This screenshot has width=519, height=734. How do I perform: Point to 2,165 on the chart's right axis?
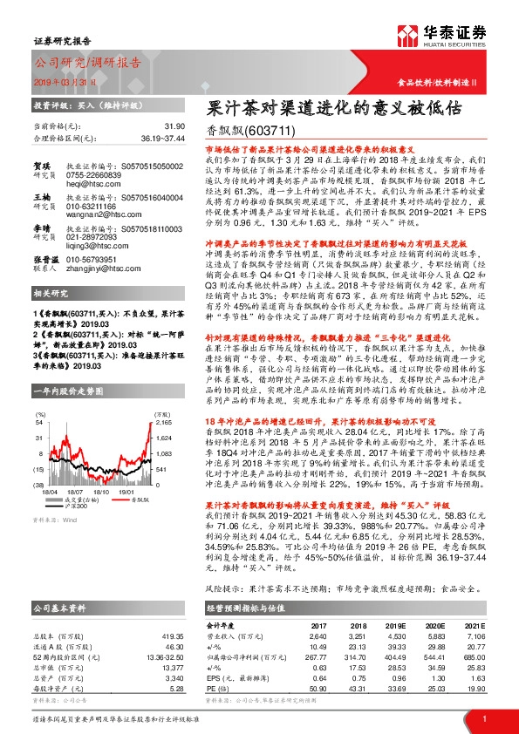138,422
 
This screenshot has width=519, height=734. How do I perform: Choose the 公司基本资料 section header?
60,608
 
